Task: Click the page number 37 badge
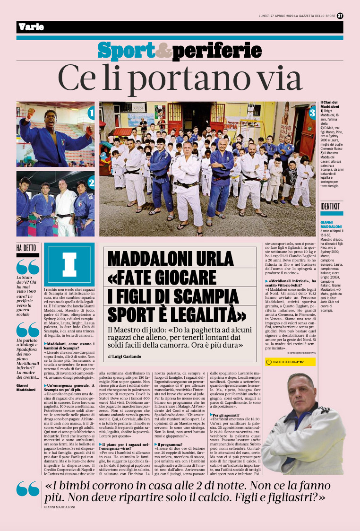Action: pyautogui.click(x=340, y=15)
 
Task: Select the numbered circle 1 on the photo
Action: pyautogui.click(x=91, y=113)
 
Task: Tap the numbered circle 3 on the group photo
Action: pyautogui.click(x=312, y=113)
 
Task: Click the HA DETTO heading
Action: pyautogui.click(x=26, y=248)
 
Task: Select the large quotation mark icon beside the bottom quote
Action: pyautogui.click(x=28, y=489)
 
